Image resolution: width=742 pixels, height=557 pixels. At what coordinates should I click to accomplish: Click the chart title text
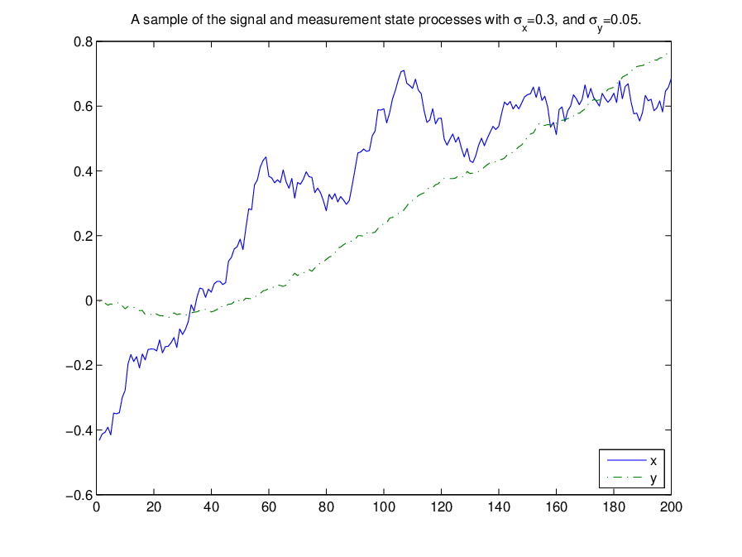385,21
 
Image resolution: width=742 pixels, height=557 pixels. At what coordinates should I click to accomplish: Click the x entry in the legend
632,461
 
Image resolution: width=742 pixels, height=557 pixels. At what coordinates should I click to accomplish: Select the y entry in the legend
632,478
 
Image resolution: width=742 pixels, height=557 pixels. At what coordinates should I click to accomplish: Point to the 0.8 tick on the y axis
84,42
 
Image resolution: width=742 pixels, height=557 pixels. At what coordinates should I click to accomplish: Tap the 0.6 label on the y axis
84,107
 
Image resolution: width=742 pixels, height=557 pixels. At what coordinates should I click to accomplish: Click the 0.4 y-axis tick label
84,171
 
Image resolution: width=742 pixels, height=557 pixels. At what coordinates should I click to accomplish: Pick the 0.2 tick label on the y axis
84,237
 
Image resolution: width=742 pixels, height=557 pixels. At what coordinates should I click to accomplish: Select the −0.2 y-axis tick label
79,366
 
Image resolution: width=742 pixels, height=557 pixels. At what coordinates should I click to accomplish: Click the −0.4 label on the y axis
79,430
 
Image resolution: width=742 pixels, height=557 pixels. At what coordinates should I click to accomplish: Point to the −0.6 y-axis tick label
79,496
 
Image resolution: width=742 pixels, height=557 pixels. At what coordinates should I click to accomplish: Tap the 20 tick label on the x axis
154,507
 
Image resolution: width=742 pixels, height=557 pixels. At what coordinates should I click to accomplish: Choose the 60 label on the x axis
269,507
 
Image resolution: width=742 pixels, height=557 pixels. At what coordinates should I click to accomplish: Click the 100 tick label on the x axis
384,507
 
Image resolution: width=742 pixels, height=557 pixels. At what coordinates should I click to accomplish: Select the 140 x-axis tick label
499,507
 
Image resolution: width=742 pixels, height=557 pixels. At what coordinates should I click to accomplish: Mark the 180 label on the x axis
614,507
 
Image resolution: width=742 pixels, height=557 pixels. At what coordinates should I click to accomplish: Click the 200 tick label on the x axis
671,507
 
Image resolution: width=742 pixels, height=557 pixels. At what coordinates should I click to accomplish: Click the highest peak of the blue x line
404,70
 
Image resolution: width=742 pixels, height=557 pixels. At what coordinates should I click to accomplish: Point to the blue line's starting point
99,440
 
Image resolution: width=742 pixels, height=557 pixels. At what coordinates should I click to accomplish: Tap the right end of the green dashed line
668,54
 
